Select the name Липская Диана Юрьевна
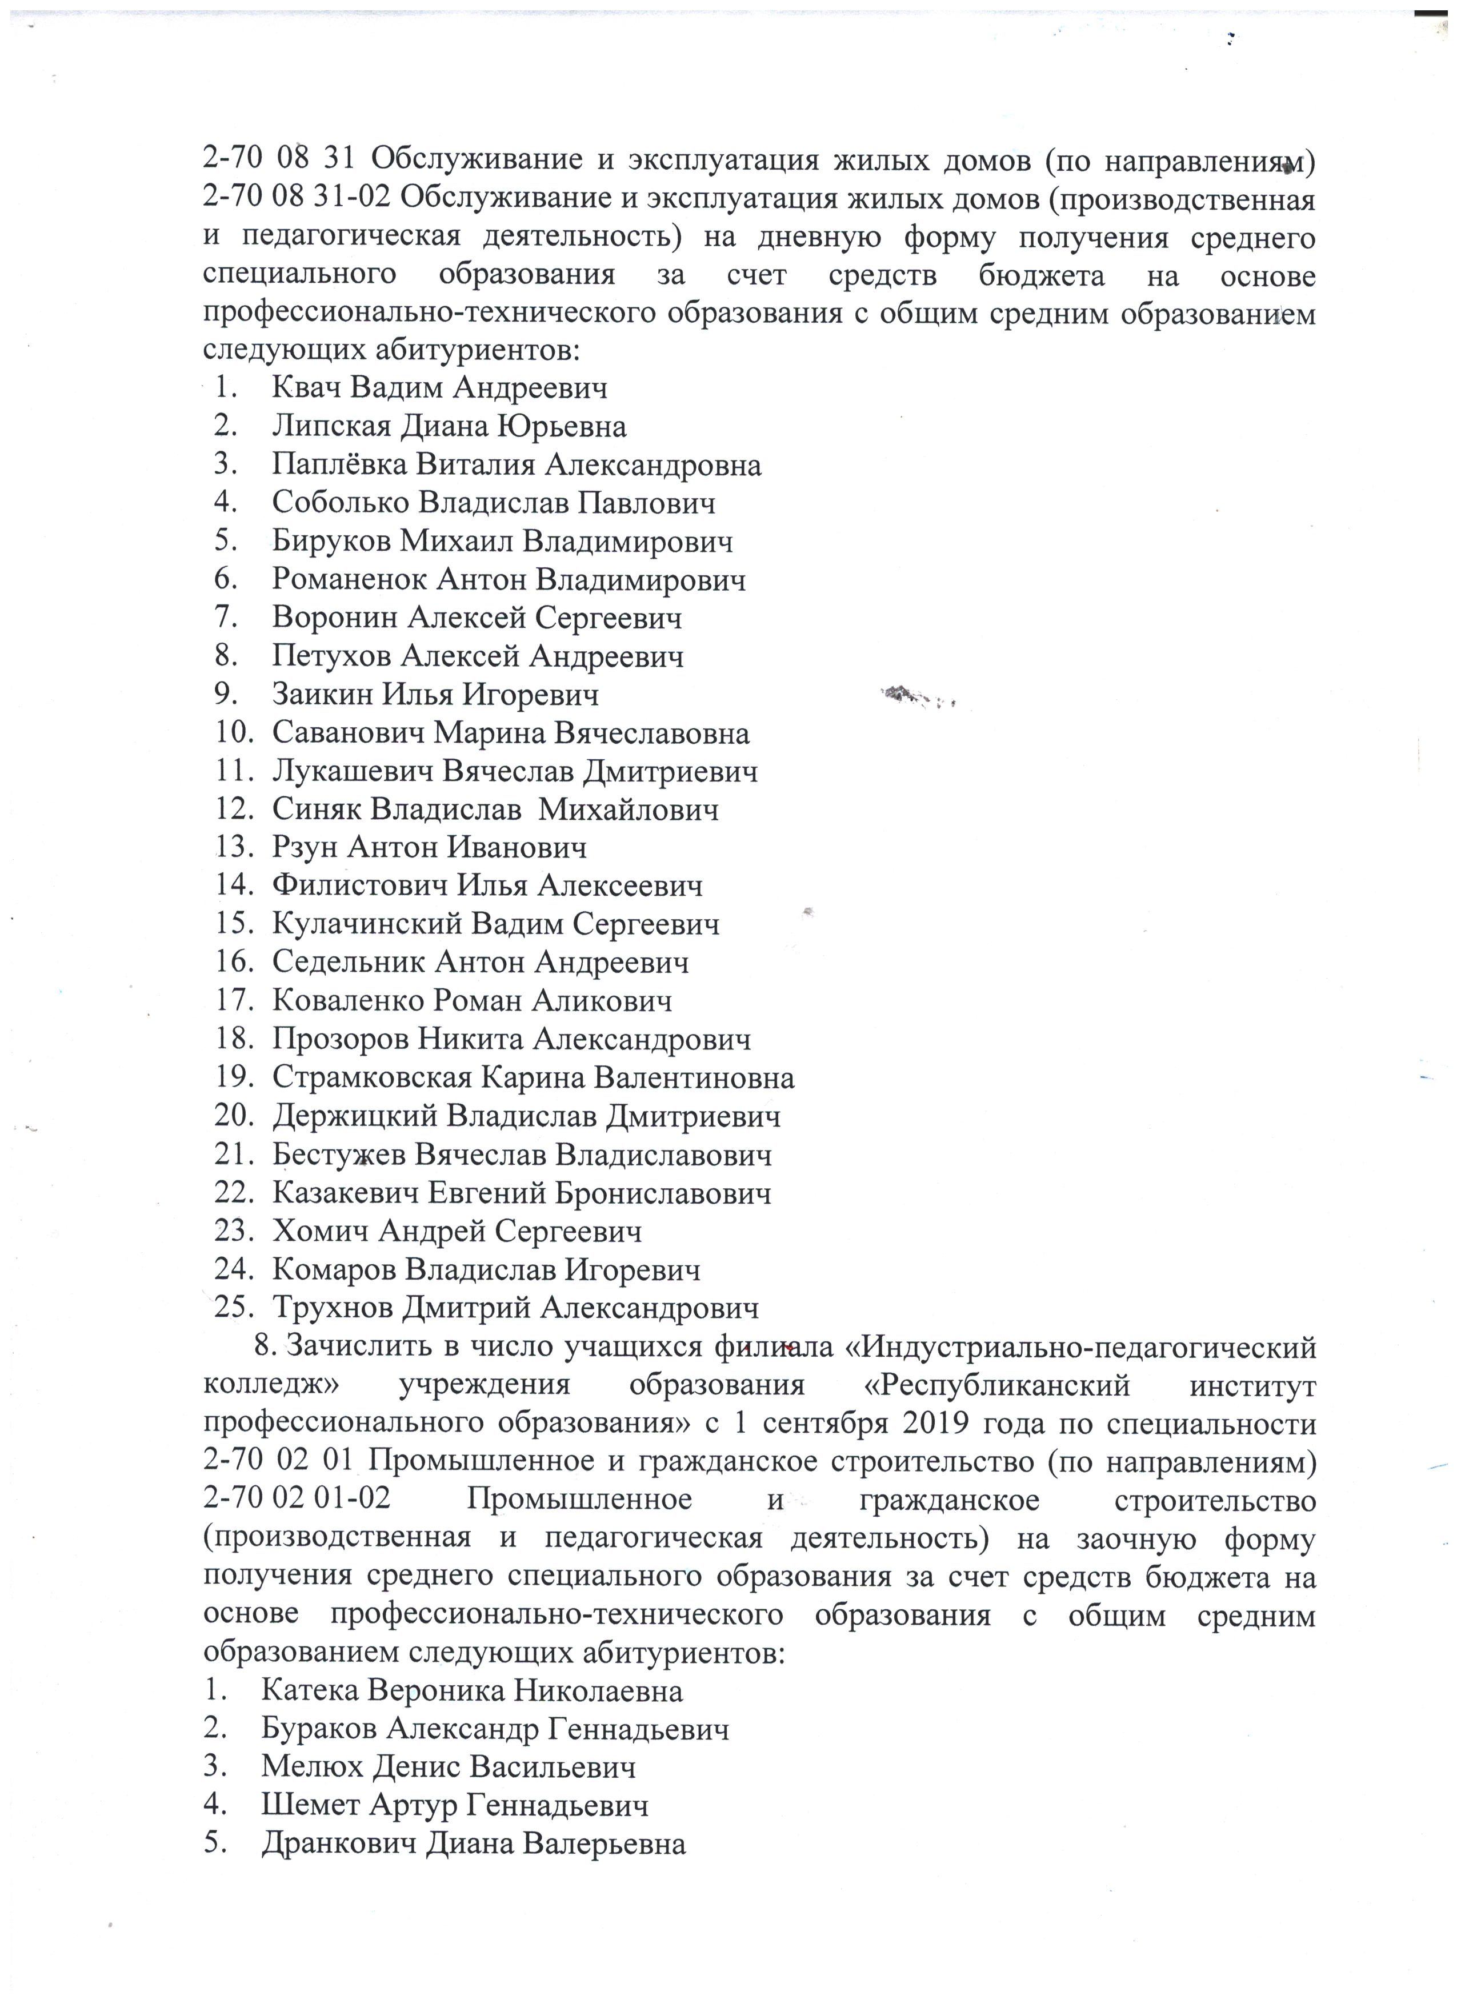point(449,427)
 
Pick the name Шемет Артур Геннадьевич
point(454,1805)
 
